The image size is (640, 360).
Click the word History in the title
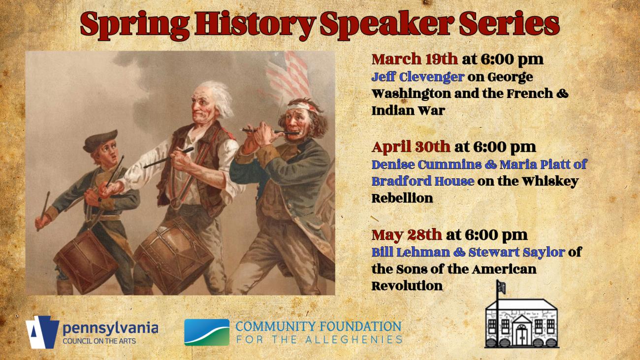pyautogui.click(x=255, y=25)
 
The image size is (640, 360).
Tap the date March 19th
pyautogui.click(x=415, y=60)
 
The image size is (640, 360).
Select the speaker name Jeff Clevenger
pyautogui.click(x=417, y=77)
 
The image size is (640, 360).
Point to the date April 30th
pyautogui.click(x=411, y=147)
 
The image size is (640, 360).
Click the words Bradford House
pyautogui.click(x=423, y=181)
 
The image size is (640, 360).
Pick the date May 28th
pyautogui.click(x=407, y=235)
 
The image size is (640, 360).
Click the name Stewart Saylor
pyautogui.click(x=516, y=253)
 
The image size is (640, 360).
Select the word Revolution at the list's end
pyautogui.click(x=407, y=286)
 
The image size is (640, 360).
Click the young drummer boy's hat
pyautogui.click(x=100, y=140)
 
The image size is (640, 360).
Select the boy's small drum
pyautogui.click(x=86, y=262)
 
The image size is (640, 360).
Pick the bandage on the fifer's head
pyautogui.click(x=303, y=108)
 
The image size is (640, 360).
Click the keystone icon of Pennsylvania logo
pyautogui.click(x=42, y=332)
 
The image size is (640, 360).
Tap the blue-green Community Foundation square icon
pyautogui.click(x=207, y=332)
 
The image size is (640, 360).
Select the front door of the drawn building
pyautogui.click(x=522, y=337)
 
